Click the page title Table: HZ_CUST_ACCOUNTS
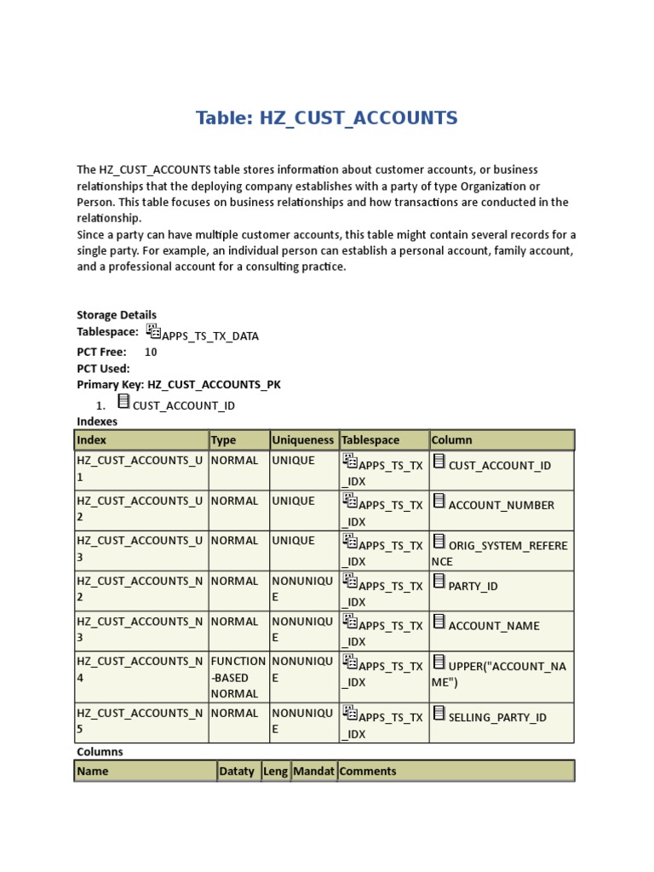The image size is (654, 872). click(x=326, y=118)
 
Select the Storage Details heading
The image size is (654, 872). click(x=117, y=315)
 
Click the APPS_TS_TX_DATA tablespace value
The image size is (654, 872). click(x=210, y=336)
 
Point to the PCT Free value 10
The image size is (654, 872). click(x=151, y=352)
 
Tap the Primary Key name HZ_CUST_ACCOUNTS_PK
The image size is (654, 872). click(x=214, y=385)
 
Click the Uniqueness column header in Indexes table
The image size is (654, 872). click(x=303, y=440)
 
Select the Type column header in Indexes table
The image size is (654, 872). click(x=223, y=440)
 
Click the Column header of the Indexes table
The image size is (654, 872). click(x=451, y=440)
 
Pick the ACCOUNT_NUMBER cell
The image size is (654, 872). click(x=501, y=505)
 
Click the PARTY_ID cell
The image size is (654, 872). click(x=473, y=586)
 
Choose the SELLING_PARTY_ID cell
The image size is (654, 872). click(x=497, y=717)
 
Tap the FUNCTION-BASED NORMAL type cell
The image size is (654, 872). click(x=238, y=677)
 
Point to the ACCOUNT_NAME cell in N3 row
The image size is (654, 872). click(x=494, y=626)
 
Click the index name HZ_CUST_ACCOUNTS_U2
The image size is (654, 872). click(x=139, y=509)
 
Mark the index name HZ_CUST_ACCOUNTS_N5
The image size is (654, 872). click(x=139, y=721)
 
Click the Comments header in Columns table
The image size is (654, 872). click(x=367, y=772)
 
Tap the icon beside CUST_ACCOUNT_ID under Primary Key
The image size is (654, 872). click(x=124, y=401)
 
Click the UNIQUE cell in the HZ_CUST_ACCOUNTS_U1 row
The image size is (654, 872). click(x=293, y=461)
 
